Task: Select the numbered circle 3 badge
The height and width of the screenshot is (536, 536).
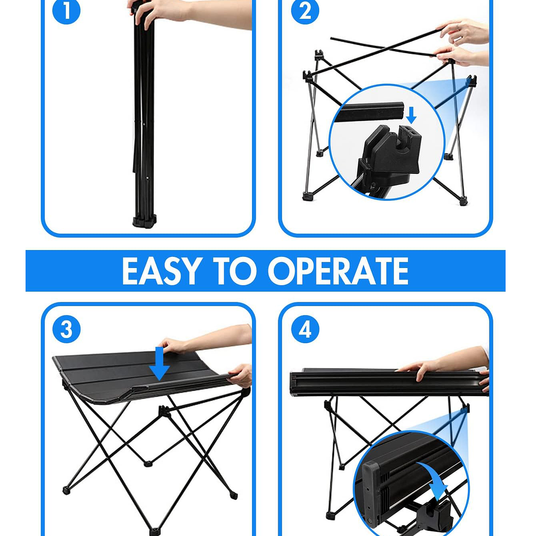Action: pos(66,329)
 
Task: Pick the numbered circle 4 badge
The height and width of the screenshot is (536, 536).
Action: pos(305,329)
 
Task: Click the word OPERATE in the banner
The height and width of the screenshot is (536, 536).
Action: pos(338,271)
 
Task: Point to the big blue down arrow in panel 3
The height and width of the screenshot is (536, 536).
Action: pos(159,363)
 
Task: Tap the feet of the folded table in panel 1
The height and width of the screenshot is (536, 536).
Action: pos(144,221)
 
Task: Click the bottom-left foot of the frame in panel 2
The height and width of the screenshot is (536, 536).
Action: pos(308,196)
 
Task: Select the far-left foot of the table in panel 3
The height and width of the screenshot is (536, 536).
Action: pos(66,490)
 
